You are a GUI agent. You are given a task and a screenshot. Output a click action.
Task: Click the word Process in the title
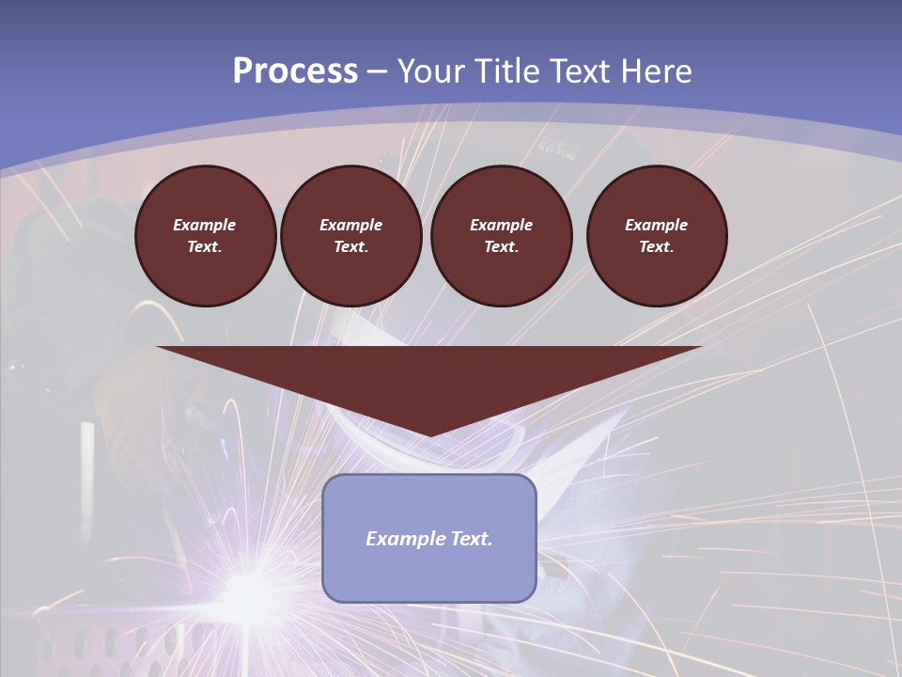[x=295, y=71]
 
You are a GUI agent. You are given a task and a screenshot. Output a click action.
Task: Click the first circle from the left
[x=205, y=236]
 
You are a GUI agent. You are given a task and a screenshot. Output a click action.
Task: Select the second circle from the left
[x=350, y=236]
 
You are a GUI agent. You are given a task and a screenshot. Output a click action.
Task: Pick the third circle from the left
[x=501, y=236]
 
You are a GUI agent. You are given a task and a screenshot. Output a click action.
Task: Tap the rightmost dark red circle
[x=657, y=236]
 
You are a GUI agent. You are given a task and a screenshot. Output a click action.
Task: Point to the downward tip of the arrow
[x=429, y=434]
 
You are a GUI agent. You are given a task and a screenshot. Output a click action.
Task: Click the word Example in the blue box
[x=400, y=539]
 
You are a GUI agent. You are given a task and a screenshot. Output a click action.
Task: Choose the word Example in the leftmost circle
[x=205, y=225]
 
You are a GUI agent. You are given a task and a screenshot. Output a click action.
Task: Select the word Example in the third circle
[x=501, y=225]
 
